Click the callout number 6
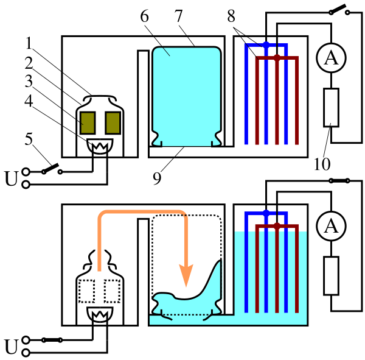coord(145,16)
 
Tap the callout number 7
coord(178,16)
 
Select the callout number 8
coord(231,16)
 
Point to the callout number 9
coord(157,178)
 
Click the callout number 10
coord(322,164)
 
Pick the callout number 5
coord(29,139)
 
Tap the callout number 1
coord(29,43)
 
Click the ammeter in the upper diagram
coord(331,58)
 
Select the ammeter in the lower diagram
coord(331,226)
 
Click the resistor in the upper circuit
coord(331,107)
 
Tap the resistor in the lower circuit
coord(331,275)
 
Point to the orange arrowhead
coord(186,275)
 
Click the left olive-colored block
coord(88,123)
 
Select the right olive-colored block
coord(113,123)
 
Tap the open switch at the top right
coord(339,10)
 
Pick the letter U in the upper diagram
coord(11,178)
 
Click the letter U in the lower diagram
coord(11,347)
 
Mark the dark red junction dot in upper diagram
coord(277,58)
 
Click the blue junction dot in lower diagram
coord(266,213)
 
